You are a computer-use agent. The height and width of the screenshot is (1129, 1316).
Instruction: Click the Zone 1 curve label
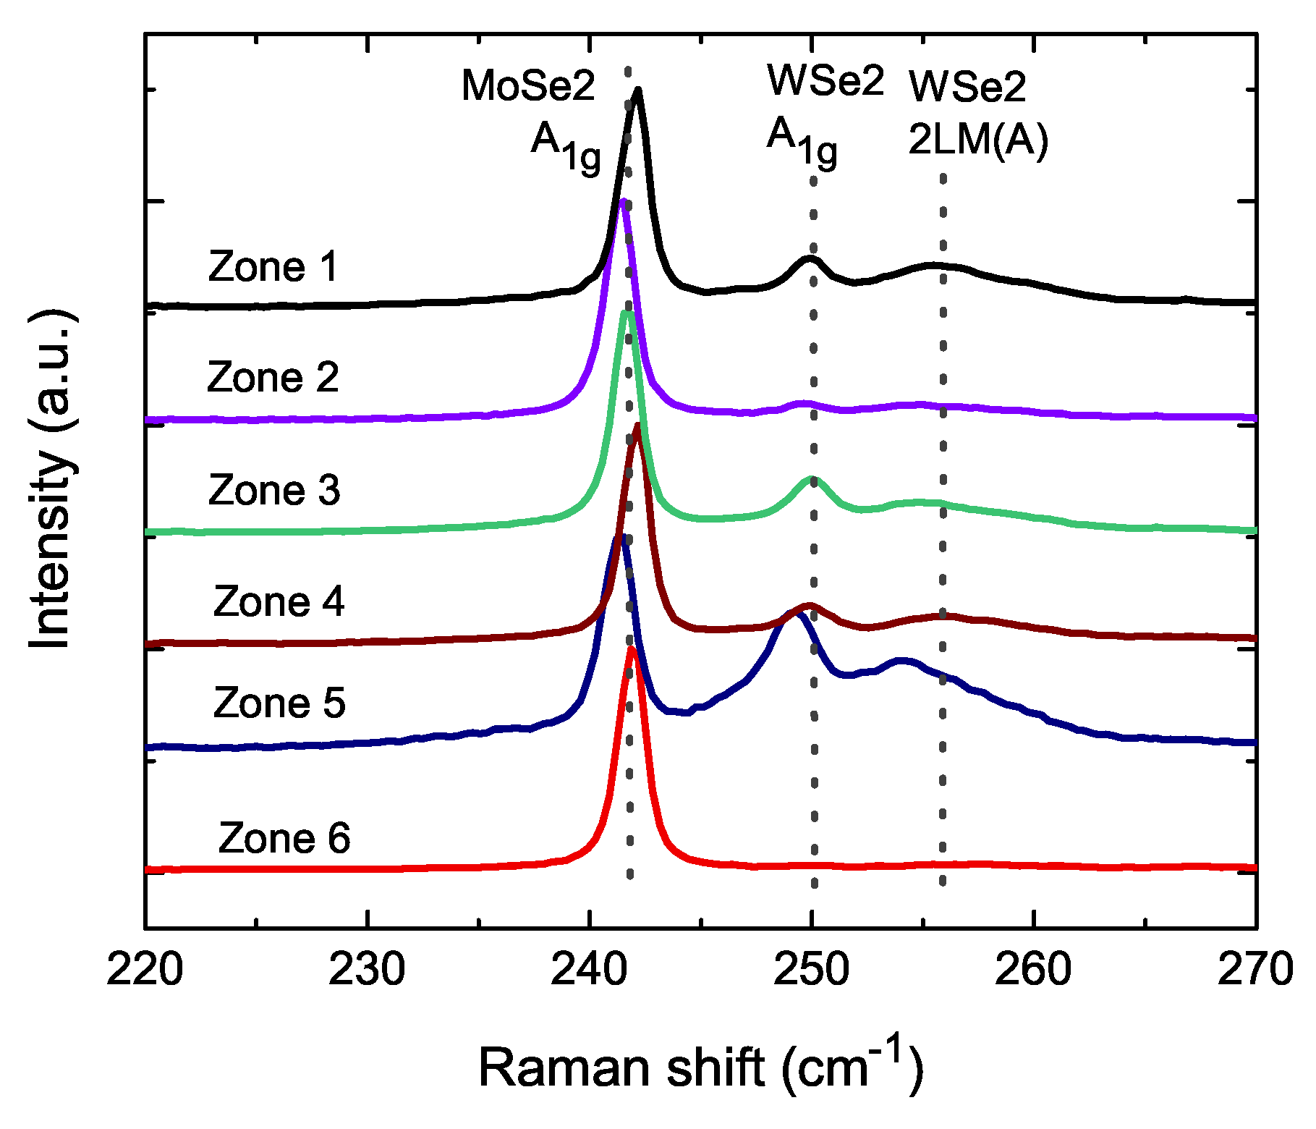click(273, 267)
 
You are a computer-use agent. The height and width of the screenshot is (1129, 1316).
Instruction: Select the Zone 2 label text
click(273, 378)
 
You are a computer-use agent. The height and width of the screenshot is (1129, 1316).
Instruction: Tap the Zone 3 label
click(274, 491)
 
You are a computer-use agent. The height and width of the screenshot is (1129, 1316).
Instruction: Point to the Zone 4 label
click(279, 602)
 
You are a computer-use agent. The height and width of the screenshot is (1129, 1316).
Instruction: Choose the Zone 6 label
click(284, 839)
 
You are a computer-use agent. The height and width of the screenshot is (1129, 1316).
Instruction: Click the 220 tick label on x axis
click(145, 969)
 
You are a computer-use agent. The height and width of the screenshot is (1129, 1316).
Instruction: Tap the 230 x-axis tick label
click(367, 969)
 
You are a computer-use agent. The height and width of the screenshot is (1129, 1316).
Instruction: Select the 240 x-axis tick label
click(589, 969)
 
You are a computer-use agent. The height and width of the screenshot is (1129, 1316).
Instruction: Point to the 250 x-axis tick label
click(811, 969)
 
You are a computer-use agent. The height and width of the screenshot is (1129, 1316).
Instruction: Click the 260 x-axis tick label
click(1033, 969)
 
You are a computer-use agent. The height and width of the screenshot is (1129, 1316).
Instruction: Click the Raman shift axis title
click(700, 1067)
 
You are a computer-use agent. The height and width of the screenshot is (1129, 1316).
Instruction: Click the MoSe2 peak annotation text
click(528, 86)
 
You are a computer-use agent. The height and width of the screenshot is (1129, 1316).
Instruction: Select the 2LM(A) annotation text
click(978, 140)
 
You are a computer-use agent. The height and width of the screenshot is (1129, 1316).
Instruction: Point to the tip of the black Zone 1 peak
click(637, 90)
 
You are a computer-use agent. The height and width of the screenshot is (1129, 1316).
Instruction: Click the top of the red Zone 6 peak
click(632, 648)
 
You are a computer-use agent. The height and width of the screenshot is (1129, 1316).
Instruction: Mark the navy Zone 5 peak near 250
click(798, 614)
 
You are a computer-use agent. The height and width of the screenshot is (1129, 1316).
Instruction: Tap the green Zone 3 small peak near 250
click(811, 478)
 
